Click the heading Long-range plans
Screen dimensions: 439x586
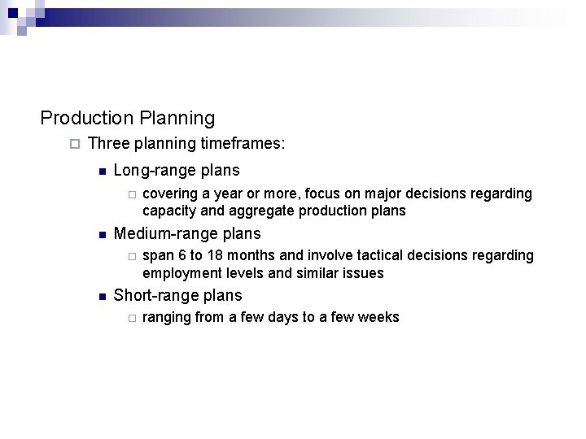click(177, 171)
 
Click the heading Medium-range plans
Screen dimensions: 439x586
click(187, 234)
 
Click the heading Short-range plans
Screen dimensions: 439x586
click(177, 296)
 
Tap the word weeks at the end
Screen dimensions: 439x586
click(378, 317)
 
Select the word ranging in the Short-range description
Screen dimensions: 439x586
click(167, 318)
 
